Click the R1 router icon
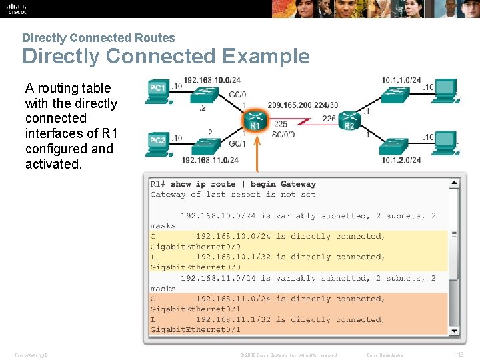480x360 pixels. (255, 120)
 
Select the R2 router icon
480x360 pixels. (349, 121)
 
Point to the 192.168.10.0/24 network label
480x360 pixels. (211, 81)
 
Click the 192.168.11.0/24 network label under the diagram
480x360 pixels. (210, 160)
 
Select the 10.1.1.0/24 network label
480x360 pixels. (401, 81)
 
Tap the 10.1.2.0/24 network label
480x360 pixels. (401, 160)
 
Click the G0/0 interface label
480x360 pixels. (237, 95)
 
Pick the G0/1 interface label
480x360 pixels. (237, 143)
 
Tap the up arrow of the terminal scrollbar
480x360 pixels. (454, 183)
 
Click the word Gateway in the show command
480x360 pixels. (297, 184)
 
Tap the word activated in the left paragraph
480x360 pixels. (53, 164)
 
